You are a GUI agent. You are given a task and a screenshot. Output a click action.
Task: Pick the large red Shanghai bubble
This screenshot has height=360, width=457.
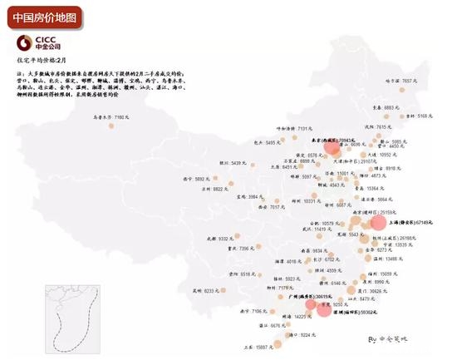tap(378, 222)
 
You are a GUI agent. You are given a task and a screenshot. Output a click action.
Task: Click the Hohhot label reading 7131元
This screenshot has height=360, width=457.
tap(292, 128)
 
